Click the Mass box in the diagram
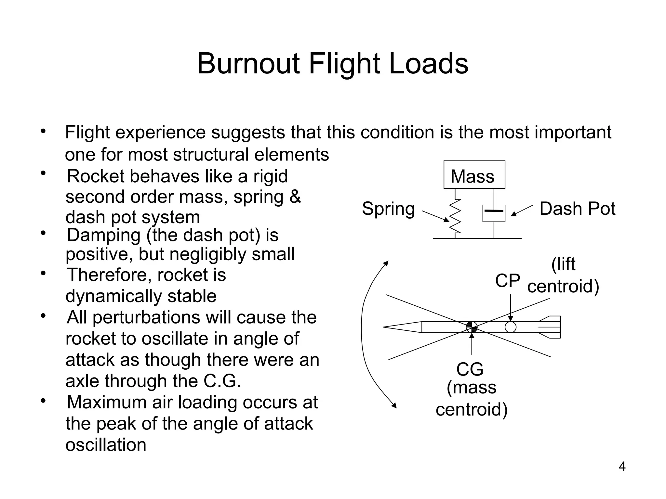[x=474, y=175]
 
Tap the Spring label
[x=388, y=209]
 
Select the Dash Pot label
[x=577, y=209]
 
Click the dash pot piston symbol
[x=494, y=211]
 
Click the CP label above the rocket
[x=507, y=281]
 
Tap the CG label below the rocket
[x=470, y=369]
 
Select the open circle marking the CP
[x=511, y=327]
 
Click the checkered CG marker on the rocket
[x=472, y=327]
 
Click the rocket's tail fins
[x=551, y=327]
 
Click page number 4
[x=622, y=467]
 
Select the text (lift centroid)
[x=563, y=275]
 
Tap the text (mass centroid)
[x=472, y=398]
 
